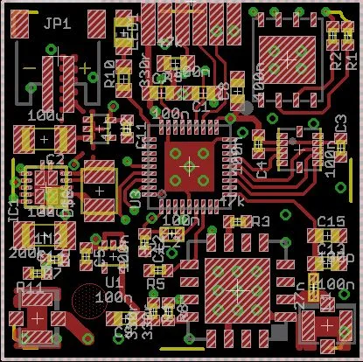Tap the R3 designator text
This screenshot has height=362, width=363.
click(x=260, y=222)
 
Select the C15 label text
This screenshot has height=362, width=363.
click(x=330, y=220)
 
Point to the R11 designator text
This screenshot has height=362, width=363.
click(x=30, y=286)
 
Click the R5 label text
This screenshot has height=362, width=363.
click(x=155, y=283)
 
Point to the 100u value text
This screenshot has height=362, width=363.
click(x=42, y=115)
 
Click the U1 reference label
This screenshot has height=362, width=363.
click(x=114, y=282)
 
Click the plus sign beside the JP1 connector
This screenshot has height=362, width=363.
click(x=85, y=66)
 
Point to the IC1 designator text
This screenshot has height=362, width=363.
click(x=13, y=211)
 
